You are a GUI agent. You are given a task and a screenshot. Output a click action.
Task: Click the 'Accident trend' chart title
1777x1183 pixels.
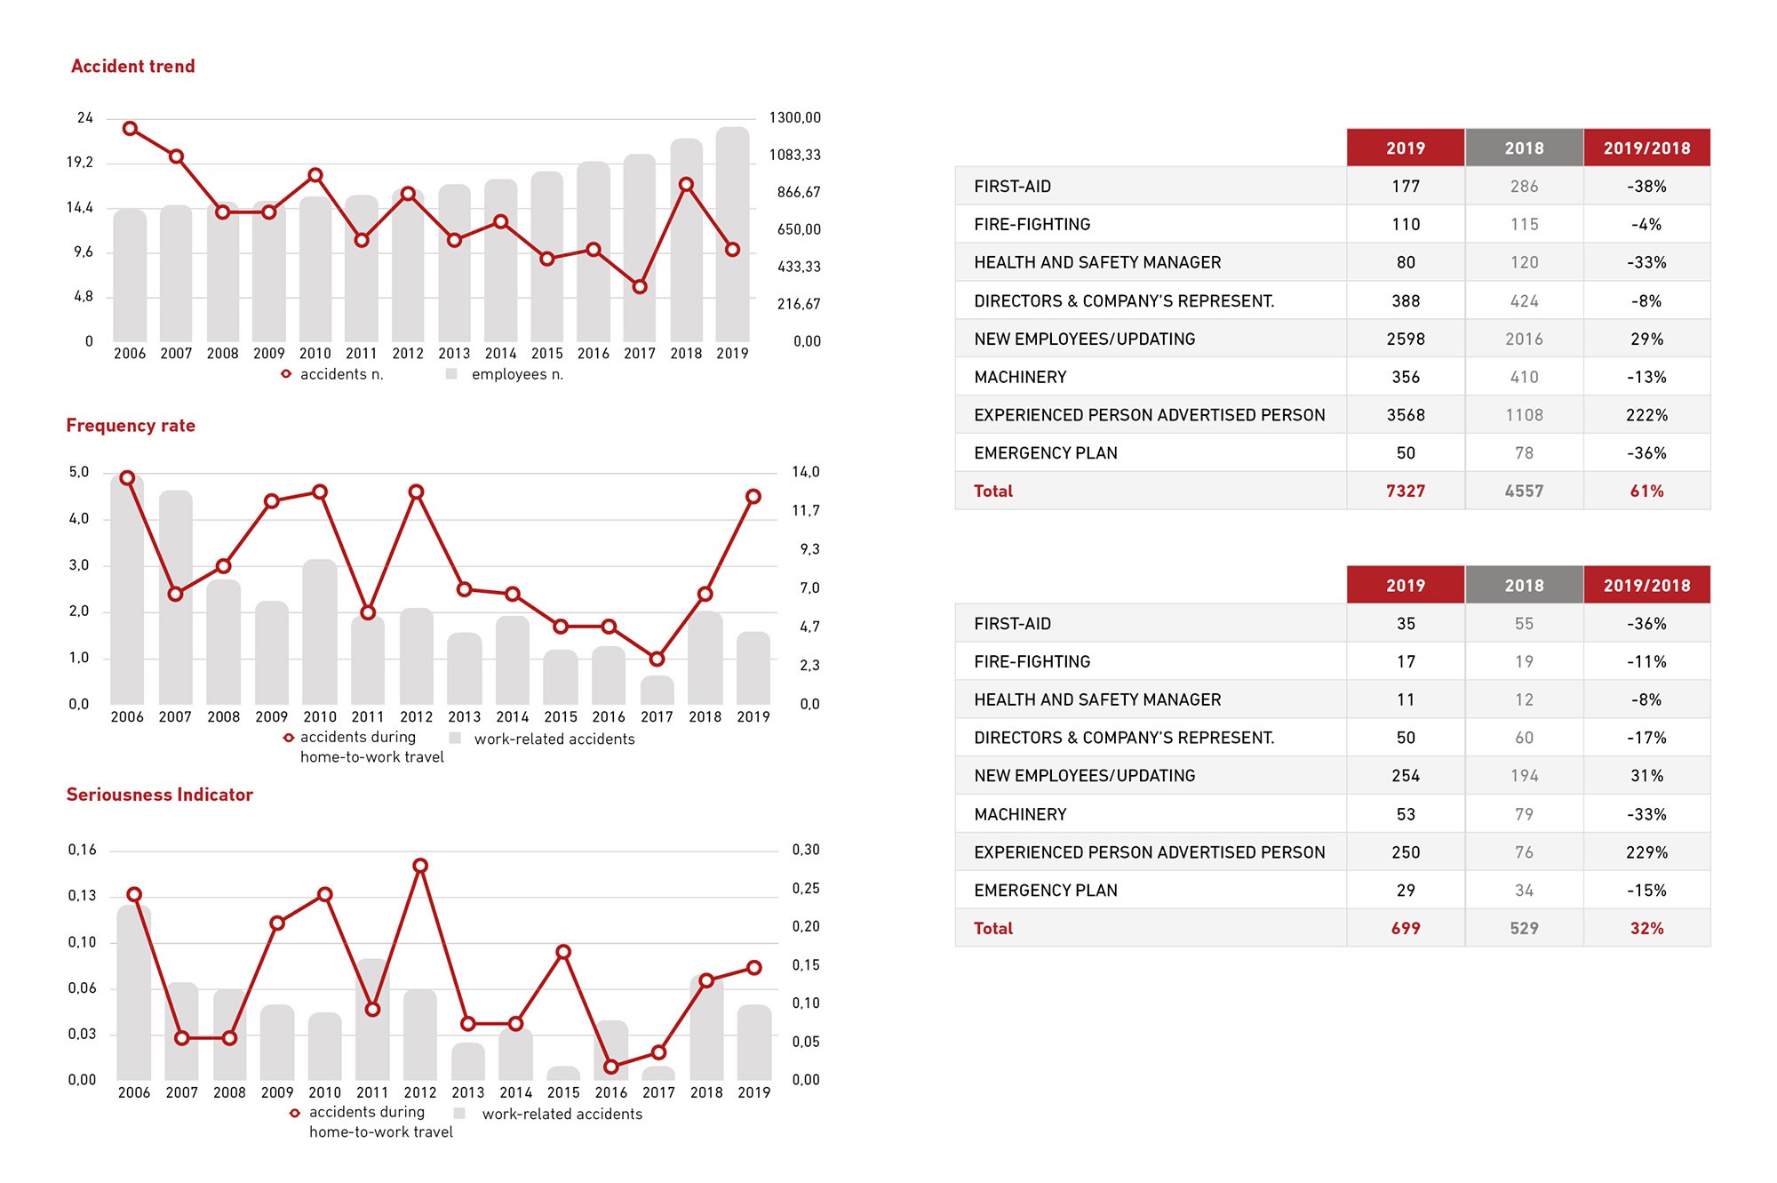pyautogui.click(x=133, y=67)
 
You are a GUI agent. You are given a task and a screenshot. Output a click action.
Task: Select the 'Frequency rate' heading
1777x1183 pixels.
pyautogui.click(x=131, y=426)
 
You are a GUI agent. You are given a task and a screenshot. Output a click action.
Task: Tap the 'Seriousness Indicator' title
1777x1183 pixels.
pyautogui.click(x=160, y=795)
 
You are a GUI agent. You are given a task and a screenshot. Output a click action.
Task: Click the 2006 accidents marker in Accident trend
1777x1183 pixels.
pyautogui.click(x=130, y=129)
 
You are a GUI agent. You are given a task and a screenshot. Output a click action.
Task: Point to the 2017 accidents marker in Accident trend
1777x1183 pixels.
pyautogui.click(x=640, y=287)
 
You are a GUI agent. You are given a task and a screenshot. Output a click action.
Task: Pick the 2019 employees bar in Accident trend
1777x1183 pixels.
pyautogui.click(x=732, y=236)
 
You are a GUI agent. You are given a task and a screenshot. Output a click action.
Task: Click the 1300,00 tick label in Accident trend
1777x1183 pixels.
pyautogui.click(x=794, y=118)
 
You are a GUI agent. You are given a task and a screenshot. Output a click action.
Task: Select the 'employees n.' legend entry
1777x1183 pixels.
pyautogui.click(x=516, y=374)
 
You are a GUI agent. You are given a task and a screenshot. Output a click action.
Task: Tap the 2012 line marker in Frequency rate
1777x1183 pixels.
pyautogui.click(x=416, y=492)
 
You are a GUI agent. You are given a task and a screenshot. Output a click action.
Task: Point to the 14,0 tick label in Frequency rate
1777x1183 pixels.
pyautogui.click(x=805, y=472)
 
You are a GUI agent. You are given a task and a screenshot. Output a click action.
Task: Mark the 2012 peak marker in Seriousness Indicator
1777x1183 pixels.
pyautogui.click(x=420, y=866)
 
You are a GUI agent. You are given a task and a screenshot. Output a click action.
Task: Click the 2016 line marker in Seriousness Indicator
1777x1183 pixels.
pyautogui.click(x=611, y=1067)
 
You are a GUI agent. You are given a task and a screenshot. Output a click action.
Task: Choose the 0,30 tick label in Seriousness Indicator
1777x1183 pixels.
pyautogui.click(x=805, y=850)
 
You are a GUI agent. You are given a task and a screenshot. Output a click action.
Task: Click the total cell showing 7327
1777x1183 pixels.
pyautogui.click(x=1405, y=492)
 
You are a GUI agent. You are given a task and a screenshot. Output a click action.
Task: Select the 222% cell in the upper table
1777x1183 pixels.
pyautogui.click(x=1646, y=415)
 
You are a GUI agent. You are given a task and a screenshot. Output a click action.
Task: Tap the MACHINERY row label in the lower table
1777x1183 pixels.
pyautogui.click(x=1020, y=814)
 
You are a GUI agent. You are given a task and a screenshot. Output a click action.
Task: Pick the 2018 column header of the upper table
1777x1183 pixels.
pyautogui.click(x=1524, y=148)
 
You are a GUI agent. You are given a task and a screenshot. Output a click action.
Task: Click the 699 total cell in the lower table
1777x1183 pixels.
pyautogui.click(x=1405, y=929)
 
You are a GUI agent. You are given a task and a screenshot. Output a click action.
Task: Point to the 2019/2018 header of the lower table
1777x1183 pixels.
pyautogui.click(x=1646, y=586)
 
